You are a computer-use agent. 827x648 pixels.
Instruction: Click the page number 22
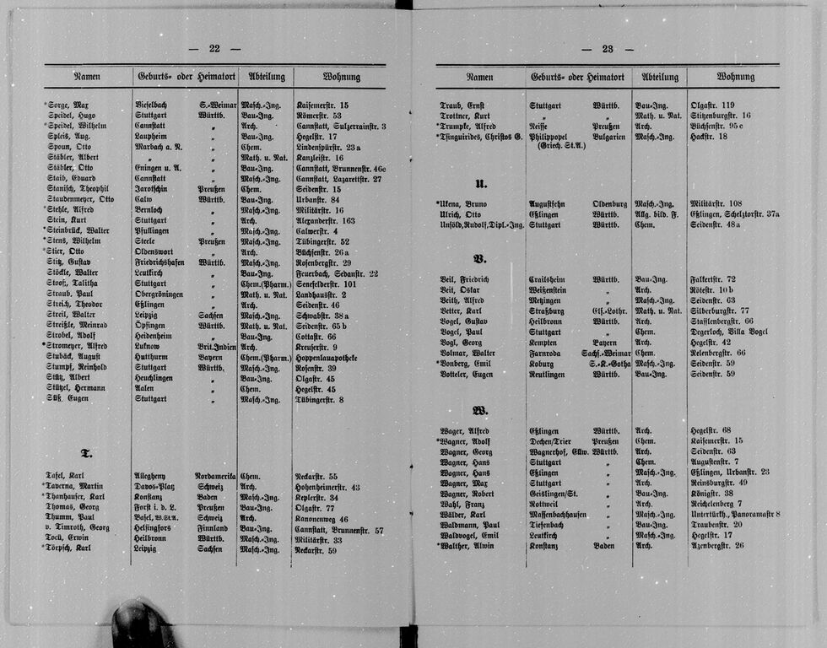(x=214, y=49)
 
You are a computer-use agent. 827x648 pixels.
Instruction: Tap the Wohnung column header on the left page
(x=340, y=77)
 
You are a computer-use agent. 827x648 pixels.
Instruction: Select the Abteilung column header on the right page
(x=660, y=77)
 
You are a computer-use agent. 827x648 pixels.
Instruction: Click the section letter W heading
(x=480, y=411)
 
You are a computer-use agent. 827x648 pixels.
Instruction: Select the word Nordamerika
(x=215, y=477)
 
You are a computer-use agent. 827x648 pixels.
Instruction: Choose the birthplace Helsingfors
(x=157, y=529)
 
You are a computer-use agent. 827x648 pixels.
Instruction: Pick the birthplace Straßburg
(x=549, y=310)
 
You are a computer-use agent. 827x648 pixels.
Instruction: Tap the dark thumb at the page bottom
(x=138, y=624)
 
